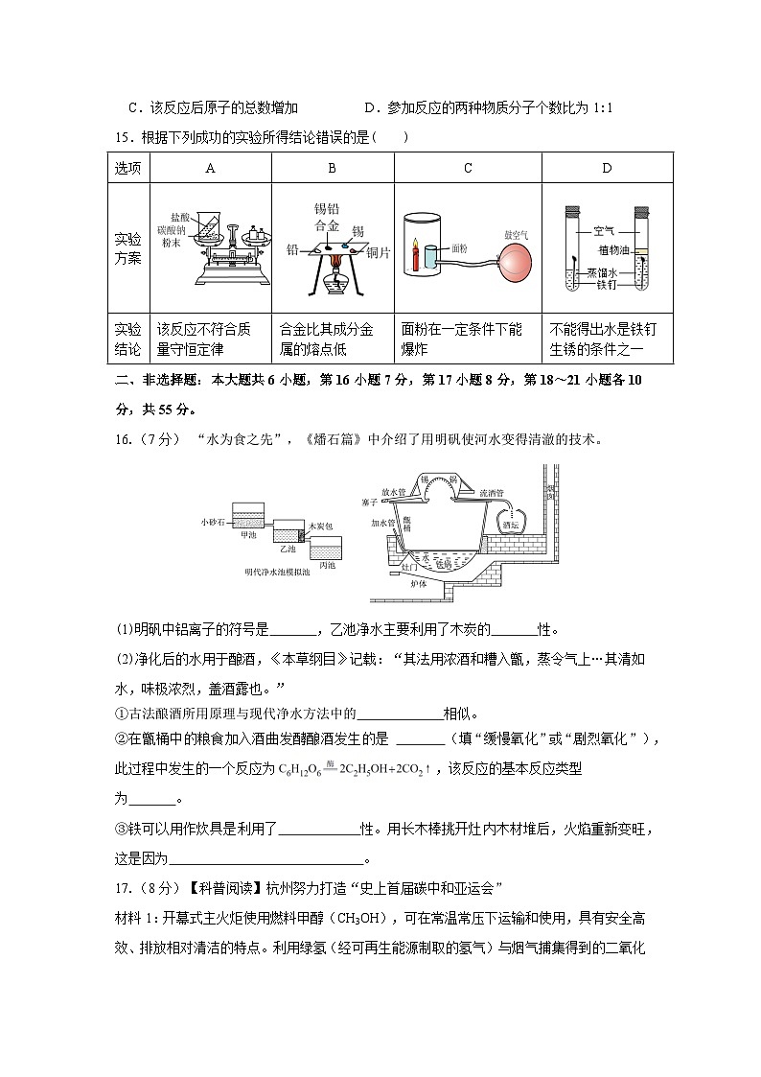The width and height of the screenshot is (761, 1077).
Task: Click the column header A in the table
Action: [x=211, y=168]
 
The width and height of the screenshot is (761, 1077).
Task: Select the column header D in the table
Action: [x=607, y=168]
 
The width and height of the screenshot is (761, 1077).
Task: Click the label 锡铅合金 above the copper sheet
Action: [x=328, y=218]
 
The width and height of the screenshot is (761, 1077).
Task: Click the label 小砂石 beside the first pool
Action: [x=212, y=521]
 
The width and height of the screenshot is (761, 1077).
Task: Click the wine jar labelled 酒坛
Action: [x=510, y=523]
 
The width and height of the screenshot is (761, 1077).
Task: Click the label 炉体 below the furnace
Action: [x=418, y=582]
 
